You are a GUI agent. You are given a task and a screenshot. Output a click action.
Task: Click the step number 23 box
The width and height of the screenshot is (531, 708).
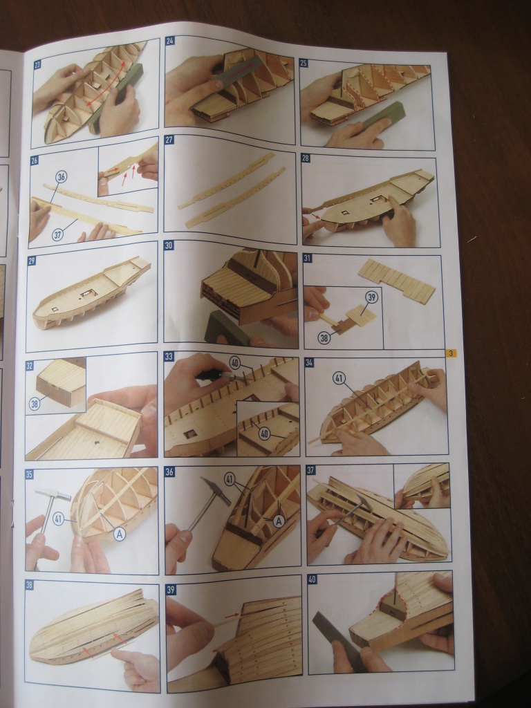tap(37, 64)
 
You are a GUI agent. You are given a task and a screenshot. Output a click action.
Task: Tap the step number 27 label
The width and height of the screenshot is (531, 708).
tap(169, 140)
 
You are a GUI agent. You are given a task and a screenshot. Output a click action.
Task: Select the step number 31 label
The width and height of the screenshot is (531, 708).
tap(308, 259)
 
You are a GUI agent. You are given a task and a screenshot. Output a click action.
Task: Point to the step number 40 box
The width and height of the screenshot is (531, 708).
tap(312, 579)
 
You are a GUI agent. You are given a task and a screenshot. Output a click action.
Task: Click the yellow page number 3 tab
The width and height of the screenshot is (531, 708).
tap(450, 353)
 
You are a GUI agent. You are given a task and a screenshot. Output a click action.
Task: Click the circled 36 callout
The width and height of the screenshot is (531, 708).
tap(62, 177)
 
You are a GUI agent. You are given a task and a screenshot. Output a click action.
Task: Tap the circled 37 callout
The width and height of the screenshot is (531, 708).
tap(58, 235)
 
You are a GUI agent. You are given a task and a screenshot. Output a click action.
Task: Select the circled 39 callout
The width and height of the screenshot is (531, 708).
tap(372, 297)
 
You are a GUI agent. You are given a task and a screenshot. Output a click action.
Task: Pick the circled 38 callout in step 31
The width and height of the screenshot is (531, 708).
tap(324, 337)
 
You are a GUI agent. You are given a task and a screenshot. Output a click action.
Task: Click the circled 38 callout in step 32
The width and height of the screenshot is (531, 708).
tap(35, 404)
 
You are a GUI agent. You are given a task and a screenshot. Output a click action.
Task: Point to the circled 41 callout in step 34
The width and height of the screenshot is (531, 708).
tap(339, 378)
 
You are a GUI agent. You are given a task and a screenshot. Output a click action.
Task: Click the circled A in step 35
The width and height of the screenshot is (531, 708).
tap(119, 534)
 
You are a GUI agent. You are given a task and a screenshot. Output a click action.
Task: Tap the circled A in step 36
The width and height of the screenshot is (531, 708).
tap(279, 521)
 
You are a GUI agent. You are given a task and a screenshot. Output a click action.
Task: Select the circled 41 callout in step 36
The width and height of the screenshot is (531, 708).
tap(230, 479)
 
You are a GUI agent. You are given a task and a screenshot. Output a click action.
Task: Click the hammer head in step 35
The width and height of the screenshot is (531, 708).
tap(53, 494)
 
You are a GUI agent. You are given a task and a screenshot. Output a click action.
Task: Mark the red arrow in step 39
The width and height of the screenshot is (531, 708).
tap(232, 615)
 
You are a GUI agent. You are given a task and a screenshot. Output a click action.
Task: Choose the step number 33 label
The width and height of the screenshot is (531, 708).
tap(169, 356)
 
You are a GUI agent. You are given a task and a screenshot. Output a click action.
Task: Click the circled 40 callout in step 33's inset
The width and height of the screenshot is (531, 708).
tap(264, 434)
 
